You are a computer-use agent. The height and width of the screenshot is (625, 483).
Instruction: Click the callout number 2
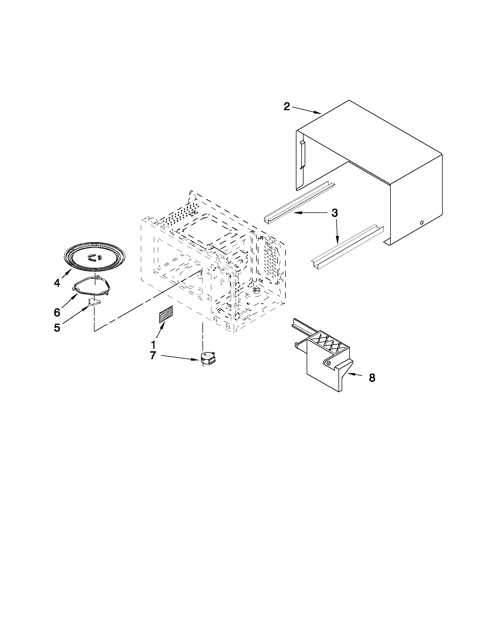(287, 106)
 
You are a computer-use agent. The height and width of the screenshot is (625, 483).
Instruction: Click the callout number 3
(334, 213)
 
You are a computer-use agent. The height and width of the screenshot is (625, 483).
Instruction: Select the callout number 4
(57, 283)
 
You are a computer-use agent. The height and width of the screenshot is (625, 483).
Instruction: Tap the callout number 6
(57, 312)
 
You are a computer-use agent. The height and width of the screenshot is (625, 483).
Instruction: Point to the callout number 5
(57, 328)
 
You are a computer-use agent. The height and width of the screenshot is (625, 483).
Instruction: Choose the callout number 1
(153, 344)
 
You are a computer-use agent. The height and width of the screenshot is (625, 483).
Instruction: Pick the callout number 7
(153, 356)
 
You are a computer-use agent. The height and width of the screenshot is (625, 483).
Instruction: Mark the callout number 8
(372, 378)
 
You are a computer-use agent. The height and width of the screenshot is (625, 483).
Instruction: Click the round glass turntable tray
(95, 257)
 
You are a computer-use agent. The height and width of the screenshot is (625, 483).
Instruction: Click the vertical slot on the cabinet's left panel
(302, 154)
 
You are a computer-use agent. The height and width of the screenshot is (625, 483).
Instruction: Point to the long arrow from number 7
(180, 358)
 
